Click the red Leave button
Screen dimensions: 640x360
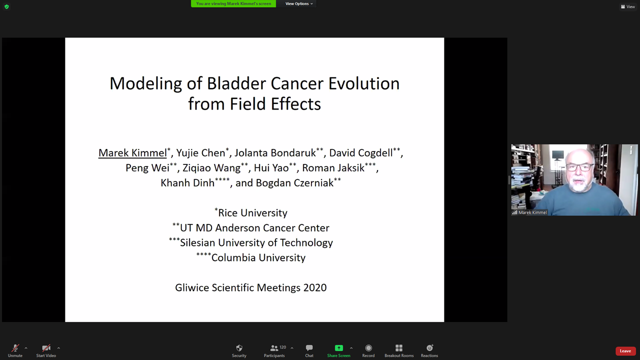coord(625,351)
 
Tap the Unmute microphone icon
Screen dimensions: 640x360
coord(15,348)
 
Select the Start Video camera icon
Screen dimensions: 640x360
coord(46,348)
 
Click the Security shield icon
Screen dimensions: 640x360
coord(239,348)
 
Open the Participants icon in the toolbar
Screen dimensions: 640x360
coord(274,348)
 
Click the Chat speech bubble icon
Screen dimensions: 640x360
coord(309,347)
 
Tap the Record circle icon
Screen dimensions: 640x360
coord(368,348)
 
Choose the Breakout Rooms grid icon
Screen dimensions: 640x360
coord(399,348)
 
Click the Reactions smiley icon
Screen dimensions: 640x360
coord(429,347)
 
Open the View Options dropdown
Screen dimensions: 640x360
coord(299,3)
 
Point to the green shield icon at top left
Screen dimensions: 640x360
coord(6,6)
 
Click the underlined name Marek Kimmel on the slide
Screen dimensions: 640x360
coord(132,153)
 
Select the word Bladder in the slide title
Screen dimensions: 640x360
coord(237,83)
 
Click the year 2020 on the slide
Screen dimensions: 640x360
coord(315,287)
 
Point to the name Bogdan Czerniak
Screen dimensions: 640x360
coord(294,183)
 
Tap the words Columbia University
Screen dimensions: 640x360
coord(258,257)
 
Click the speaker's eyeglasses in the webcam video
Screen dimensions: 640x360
coord(579,167)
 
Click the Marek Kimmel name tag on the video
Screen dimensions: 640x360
coord(529,212)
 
